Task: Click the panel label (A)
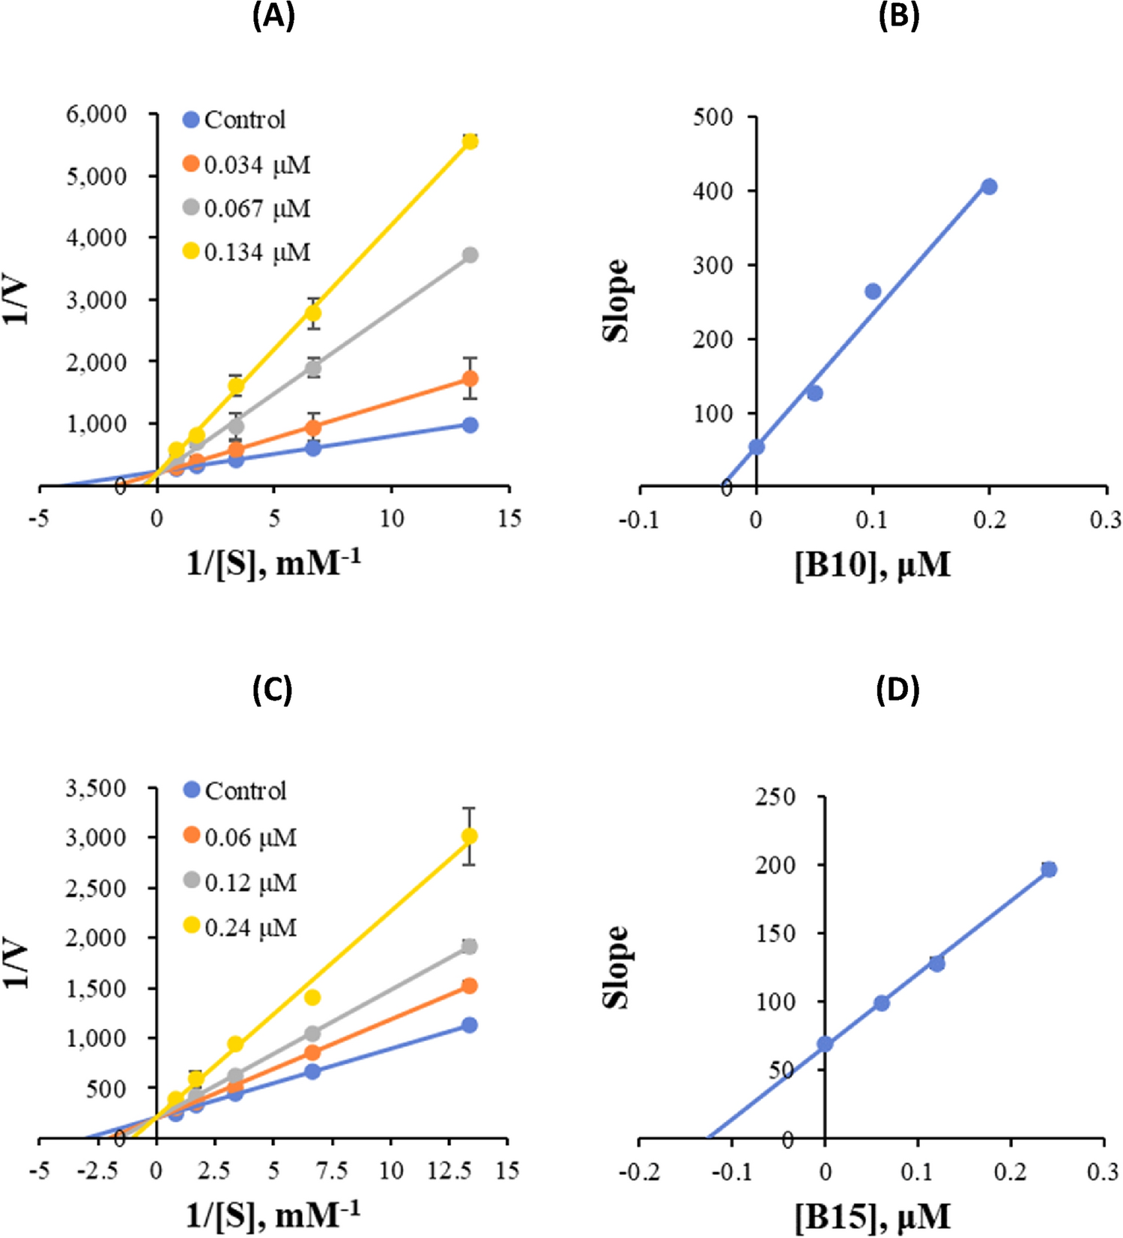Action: [273, 16]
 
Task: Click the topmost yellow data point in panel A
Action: [470, 142]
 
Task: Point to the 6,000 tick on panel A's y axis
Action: [97, 115]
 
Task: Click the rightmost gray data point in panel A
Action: [470, 256]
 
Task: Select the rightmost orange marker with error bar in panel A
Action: [470, 379]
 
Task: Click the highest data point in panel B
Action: [989, 187]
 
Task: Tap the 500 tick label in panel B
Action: [712, 117]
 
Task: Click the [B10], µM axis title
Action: [872, 564]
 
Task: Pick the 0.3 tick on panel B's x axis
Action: [1105, 519]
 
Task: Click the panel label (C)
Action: [273, 690]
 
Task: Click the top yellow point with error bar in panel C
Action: [470, 836]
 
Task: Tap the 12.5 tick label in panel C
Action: [449, 1171]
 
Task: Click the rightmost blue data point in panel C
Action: [470, 1025]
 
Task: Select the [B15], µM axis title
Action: [872, 1217]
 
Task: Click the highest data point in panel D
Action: [1049, 869]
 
